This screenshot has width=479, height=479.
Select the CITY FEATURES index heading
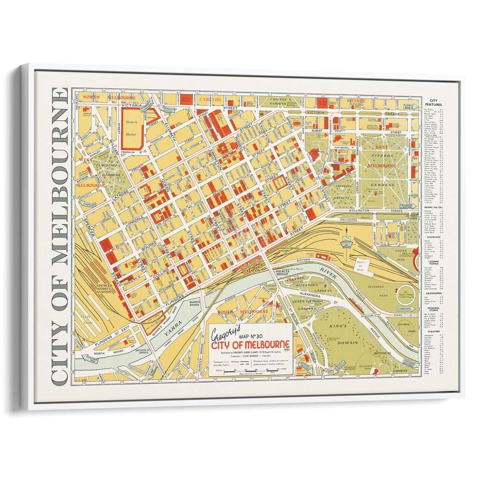tap(433, 103)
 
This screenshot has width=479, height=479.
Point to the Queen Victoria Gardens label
tap(303, 302)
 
